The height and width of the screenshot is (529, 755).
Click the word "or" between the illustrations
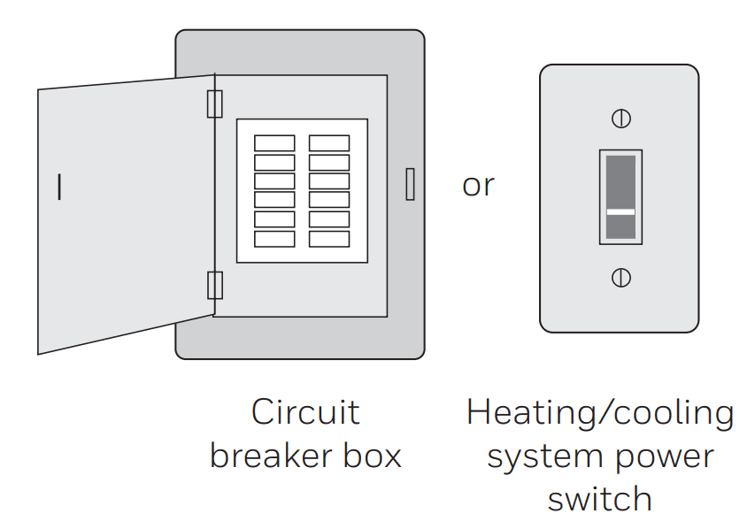pos(478,186)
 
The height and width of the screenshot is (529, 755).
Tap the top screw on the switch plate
pos(620,118)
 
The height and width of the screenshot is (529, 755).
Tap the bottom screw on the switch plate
pos(620,278)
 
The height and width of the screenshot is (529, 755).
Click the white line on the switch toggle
pos(620,212)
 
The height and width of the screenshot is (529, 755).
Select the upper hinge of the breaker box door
pos(214,103)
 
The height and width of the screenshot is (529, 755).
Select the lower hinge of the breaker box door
pos(214,286)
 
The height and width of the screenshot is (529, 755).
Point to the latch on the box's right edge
pos(410,184)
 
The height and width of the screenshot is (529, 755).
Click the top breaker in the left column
pos(274,143)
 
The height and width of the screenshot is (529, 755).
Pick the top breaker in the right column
pos(329,143)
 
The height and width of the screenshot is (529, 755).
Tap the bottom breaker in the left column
pos(274,239)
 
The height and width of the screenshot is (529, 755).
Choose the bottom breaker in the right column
pos(329,239)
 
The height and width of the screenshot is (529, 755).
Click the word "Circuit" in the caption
pos(305,412)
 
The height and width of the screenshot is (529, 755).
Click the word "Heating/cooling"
pos(600,412)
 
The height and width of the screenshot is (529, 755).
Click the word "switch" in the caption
pos(599,499)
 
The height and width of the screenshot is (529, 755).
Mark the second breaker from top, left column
pos(274,163)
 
